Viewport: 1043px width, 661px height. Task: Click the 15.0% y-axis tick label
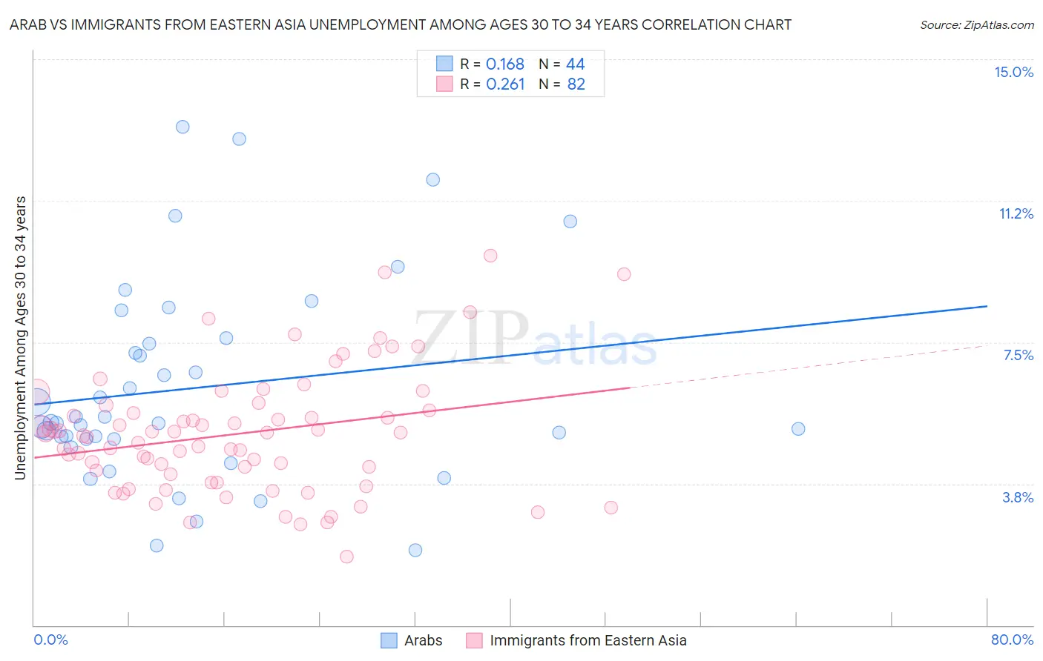tap(1013, 72)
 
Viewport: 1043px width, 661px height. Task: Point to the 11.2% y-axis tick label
tap(1016, 213)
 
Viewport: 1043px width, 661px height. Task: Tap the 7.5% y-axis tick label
tap(1018, 355)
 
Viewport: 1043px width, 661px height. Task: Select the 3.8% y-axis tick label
tap(1018, 497)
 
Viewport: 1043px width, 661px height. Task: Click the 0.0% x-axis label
tap(50, 640)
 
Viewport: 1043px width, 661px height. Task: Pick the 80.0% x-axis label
tap(1012, 640)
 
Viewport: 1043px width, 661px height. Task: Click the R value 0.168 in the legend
tap(504, 64)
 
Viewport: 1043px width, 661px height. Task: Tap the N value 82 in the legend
tap(576, 84)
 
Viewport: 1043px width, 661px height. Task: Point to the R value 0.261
tap(504, 84)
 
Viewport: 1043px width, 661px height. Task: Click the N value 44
tap(575, 64)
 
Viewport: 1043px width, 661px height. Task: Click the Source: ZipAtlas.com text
tap(976, 24)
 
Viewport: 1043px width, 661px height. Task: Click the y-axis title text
tap(21, 337)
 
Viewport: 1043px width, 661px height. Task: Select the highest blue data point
tap(182, 127)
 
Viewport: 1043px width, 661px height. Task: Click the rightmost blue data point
tap(798, 428)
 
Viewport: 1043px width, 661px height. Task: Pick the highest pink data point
tap(490, 256)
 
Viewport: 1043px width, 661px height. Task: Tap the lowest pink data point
tap(346, 557)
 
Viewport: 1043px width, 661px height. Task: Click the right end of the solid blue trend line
tap(987, 306)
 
